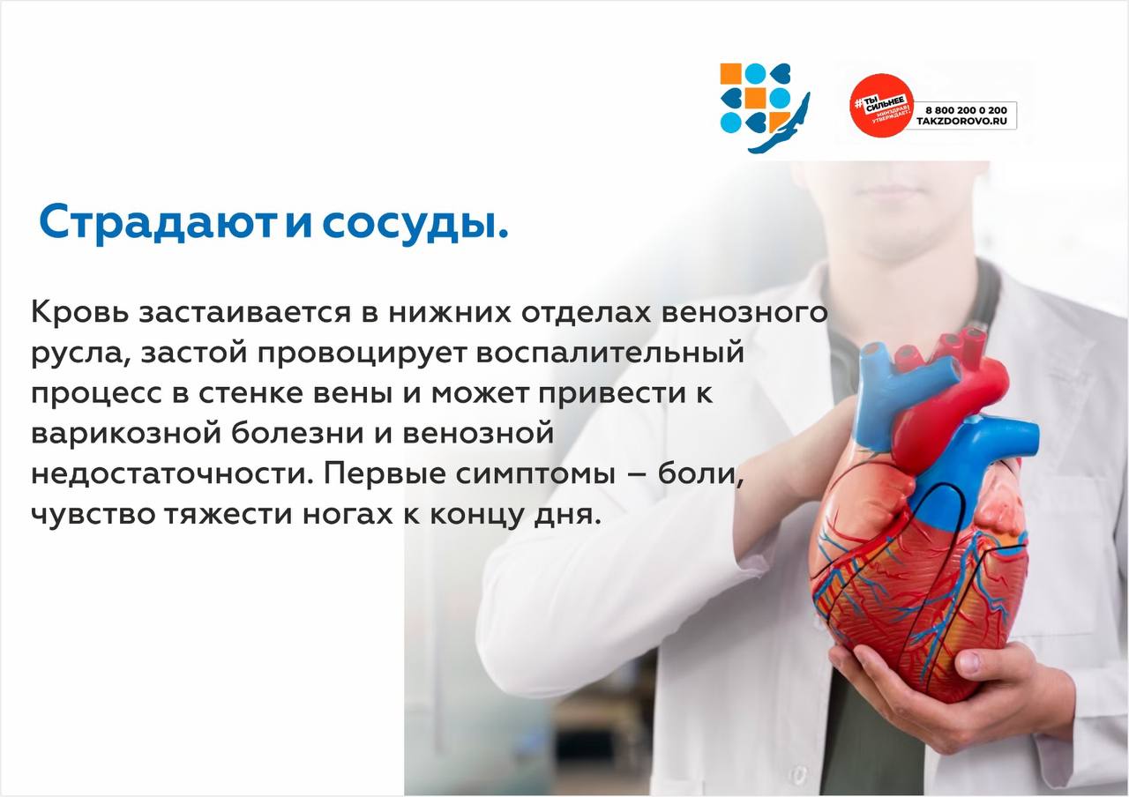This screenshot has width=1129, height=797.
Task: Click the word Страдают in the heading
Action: point(158,223)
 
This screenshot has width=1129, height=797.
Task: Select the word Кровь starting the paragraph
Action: point(80,312)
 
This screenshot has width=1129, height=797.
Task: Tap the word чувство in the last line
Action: point(93,515)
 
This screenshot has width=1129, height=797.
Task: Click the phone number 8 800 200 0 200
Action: point(966,110)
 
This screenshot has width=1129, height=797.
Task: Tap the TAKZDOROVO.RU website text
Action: point(961,122)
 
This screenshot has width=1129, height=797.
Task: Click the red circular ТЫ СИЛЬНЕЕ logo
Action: point(882,105)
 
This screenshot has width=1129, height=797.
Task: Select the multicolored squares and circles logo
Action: point(764,107)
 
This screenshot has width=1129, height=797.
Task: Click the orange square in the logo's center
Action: point(754,98)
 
